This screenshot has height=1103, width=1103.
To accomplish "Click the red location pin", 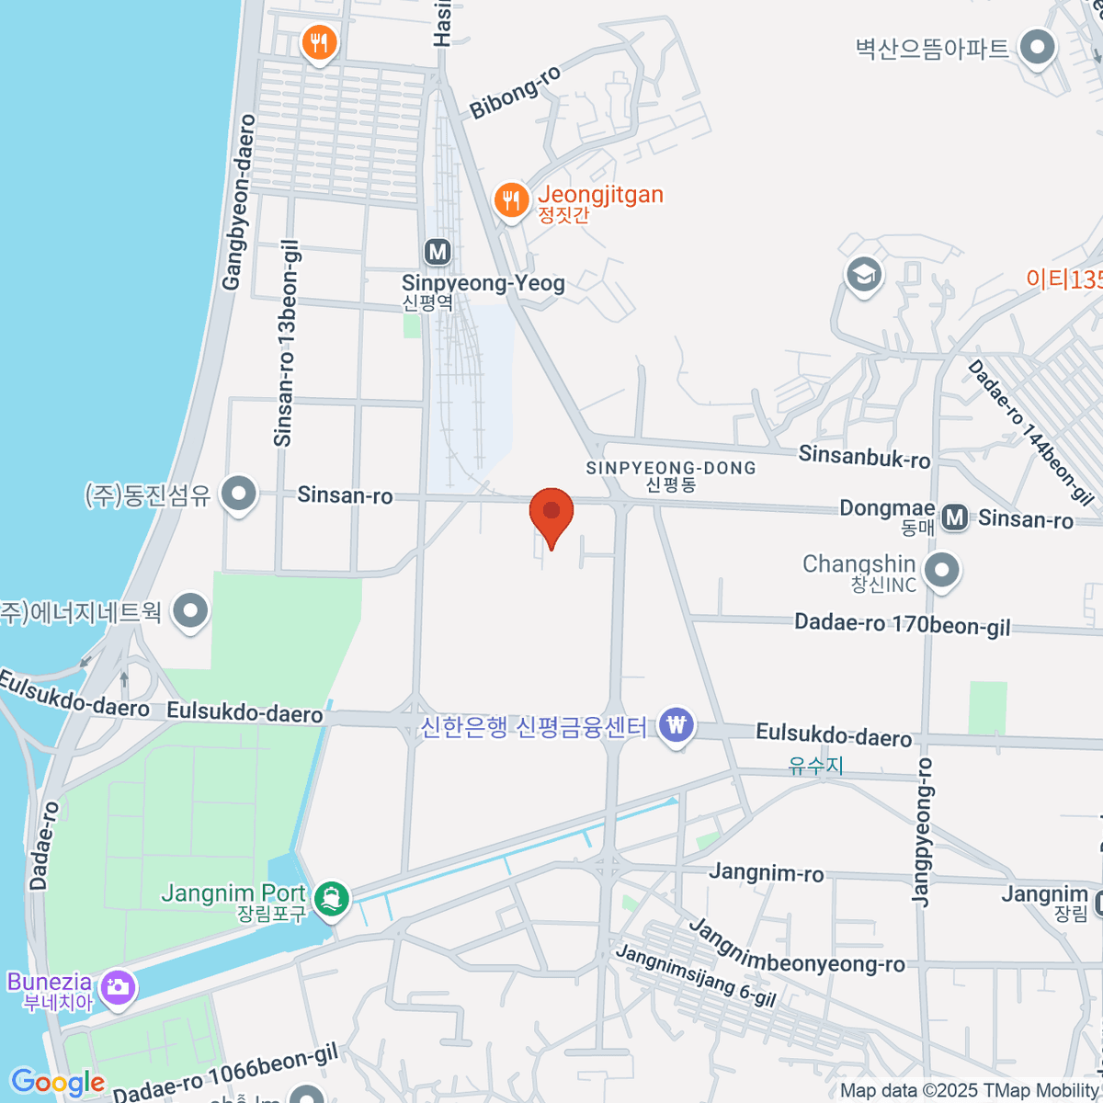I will (551, 513).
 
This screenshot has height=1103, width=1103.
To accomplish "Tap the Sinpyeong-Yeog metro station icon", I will (438, 252).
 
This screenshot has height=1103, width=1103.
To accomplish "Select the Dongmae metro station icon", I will (955, 517).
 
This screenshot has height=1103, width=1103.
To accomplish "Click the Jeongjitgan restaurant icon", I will (511, 199).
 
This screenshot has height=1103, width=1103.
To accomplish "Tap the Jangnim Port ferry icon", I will (331, 897).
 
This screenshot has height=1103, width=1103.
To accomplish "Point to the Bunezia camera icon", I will (118, 988).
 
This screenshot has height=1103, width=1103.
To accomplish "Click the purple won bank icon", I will (677, 726).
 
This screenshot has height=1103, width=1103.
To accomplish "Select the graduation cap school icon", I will (863, 274).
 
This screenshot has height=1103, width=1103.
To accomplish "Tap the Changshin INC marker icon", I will (941, 571).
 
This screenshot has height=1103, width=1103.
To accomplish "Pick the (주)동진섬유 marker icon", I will (240, 494).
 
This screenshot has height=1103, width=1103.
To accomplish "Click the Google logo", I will (57, 1082).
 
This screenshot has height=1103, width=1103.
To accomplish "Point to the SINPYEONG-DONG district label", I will (671, 468).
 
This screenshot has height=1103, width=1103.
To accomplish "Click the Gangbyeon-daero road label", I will (237, 202).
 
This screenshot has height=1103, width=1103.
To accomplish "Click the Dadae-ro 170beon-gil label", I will (902, 624).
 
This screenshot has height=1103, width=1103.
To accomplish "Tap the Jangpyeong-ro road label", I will (922, 832).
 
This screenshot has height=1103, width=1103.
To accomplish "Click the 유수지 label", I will (815, 765).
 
